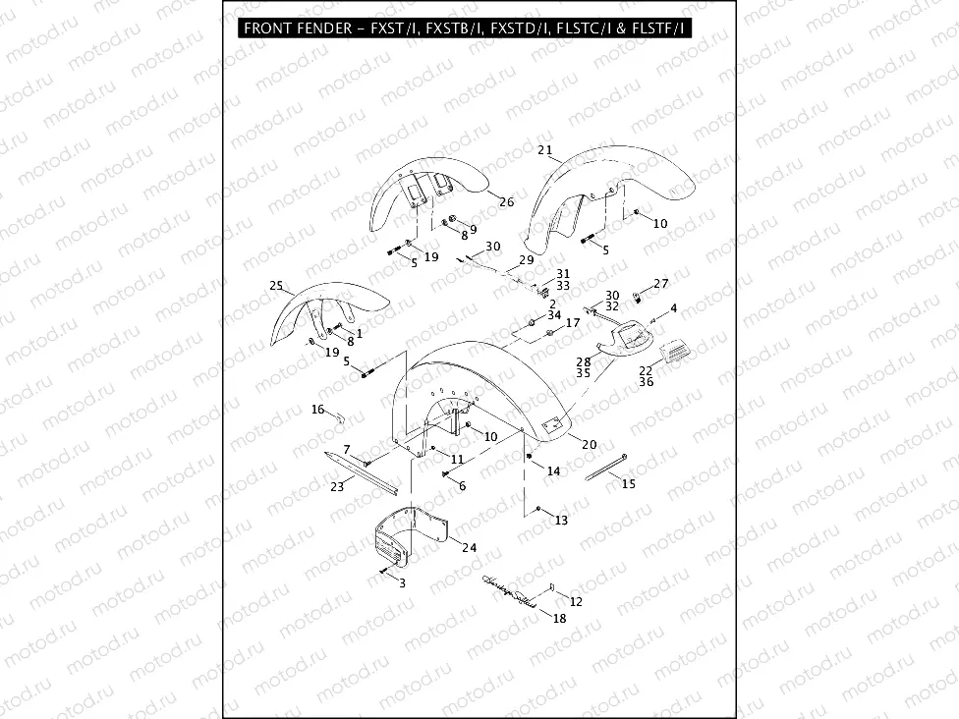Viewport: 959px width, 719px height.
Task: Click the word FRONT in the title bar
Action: pyautogui.click(x=266, y=28)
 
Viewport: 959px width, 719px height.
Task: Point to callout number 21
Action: pyautogui.click(x=545, y=150)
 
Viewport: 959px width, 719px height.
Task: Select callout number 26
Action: pyautogui.click(x=506, y=202)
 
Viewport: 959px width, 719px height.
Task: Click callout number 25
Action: pyautogui.click(x=276, y=286)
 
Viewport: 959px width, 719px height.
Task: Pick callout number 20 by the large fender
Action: pyautogui.click(x=589, y=444)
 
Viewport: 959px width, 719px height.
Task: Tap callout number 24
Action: pyautogui.click(x=469, y=547)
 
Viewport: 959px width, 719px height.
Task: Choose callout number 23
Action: pyautogui.click(x=336, y=485)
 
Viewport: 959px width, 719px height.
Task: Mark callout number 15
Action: pyautogui.click(x=629, y=483)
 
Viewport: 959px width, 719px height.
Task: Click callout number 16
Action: pyautogui.click(x=317, y=409)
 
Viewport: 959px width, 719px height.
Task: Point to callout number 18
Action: pyautogui.click(x=559, y=619)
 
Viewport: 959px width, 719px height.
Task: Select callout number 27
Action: pyautogui.click(x=661, y=283)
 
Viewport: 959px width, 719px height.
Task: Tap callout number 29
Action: pyautogui.click(x=527, y=260)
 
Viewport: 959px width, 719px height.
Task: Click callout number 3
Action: pyautogui.click(x=401, y=582)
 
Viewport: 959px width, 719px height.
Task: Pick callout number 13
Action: pyautogui.click(x=561, y=520)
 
